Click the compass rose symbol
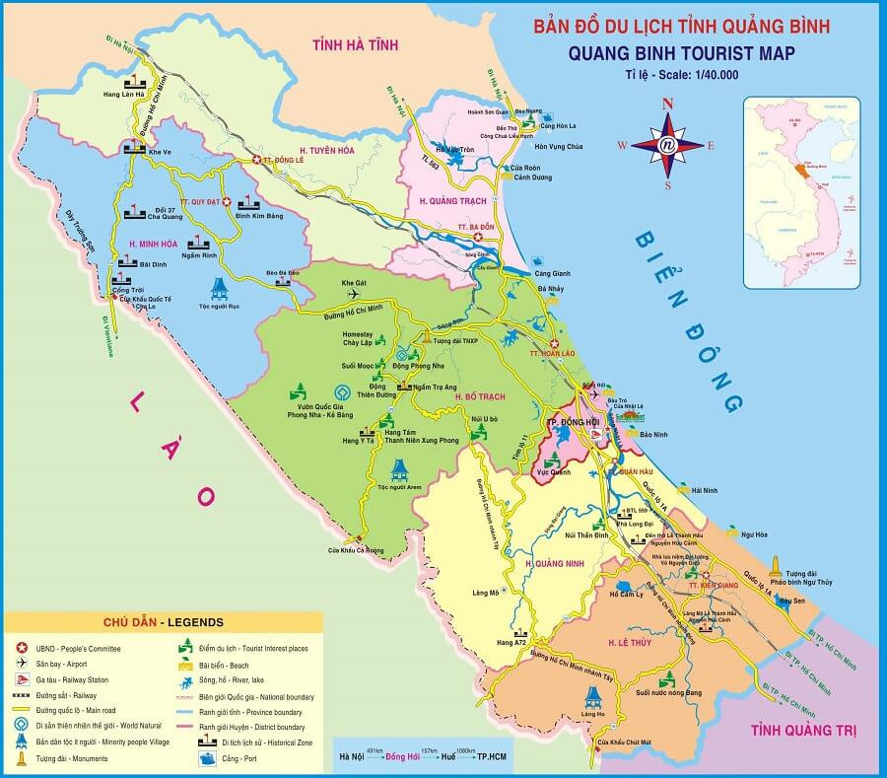click(x=667, y=144)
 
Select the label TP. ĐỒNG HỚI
click(x=576, y=423)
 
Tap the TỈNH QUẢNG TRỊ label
click(x=802, y=731)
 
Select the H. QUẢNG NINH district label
click(x=557, y=563)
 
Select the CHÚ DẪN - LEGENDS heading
click(x=163, y=622)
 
